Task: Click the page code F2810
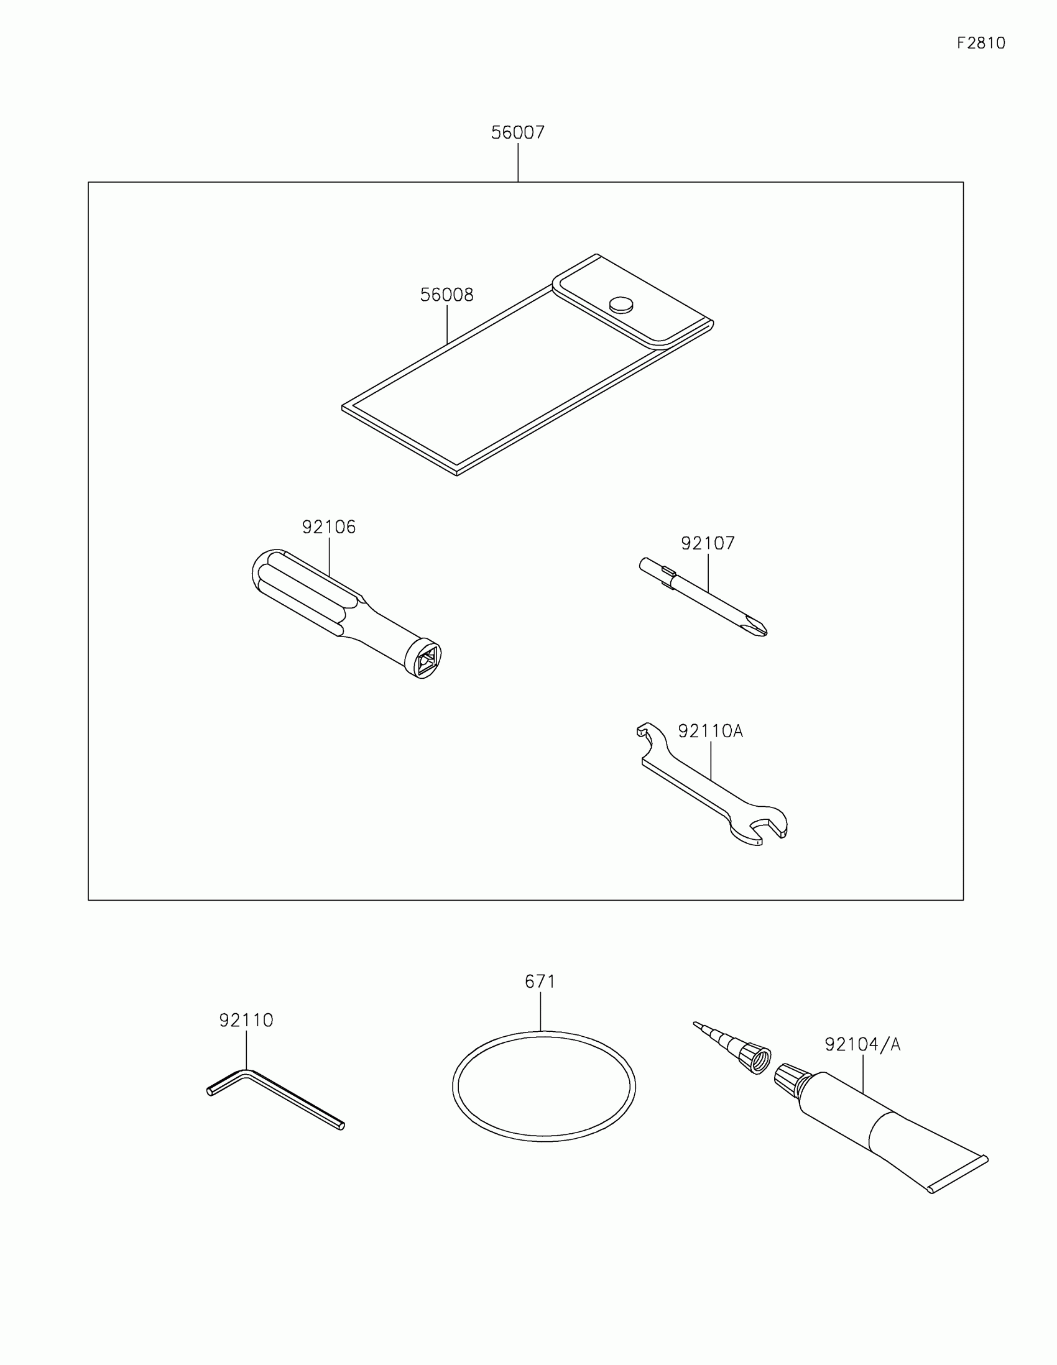(981, 43)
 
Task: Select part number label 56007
(517, 132)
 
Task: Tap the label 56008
(446, 295)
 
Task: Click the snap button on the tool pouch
(621, 304)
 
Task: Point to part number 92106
(329, 527)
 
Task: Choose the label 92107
(708, 543)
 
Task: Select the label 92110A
(710, 730)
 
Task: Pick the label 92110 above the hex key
(246, 1020)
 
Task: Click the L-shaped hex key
(275, 1097)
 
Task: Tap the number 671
(540, 981)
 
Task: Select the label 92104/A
(862, 1044)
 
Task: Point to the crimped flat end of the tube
(959, 1175)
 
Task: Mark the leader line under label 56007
(518, 162)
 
